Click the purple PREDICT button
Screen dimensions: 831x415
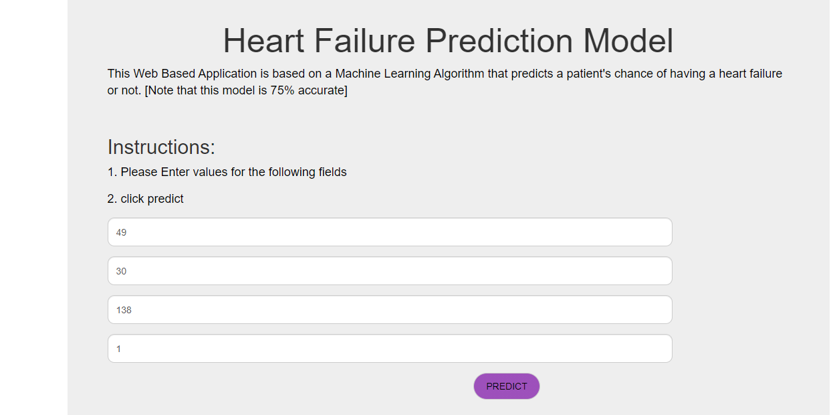click(506, 386)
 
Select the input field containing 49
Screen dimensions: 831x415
click(390, 232)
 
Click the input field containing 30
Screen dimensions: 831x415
click(390, 271)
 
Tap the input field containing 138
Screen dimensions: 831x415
click(390, 310)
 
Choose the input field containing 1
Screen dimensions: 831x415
click(390, 349)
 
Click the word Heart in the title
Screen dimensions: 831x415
click(264, 41)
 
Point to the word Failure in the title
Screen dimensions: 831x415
click(364, 41)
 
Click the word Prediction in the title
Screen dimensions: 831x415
click(499, 41)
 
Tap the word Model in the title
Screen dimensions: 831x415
click(628, 41)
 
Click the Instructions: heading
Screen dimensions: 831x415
click(161, 147)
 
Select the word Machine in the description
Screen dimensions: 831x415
click(358, 74)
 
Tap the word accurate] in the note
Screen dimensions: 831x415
click(323, 90)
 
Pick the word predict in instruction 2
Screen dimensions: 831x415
click(165, 199)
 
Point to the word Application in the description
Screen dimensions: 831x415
click(227, 74)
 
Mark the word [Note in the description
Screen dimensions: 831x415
click(159, 90)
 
